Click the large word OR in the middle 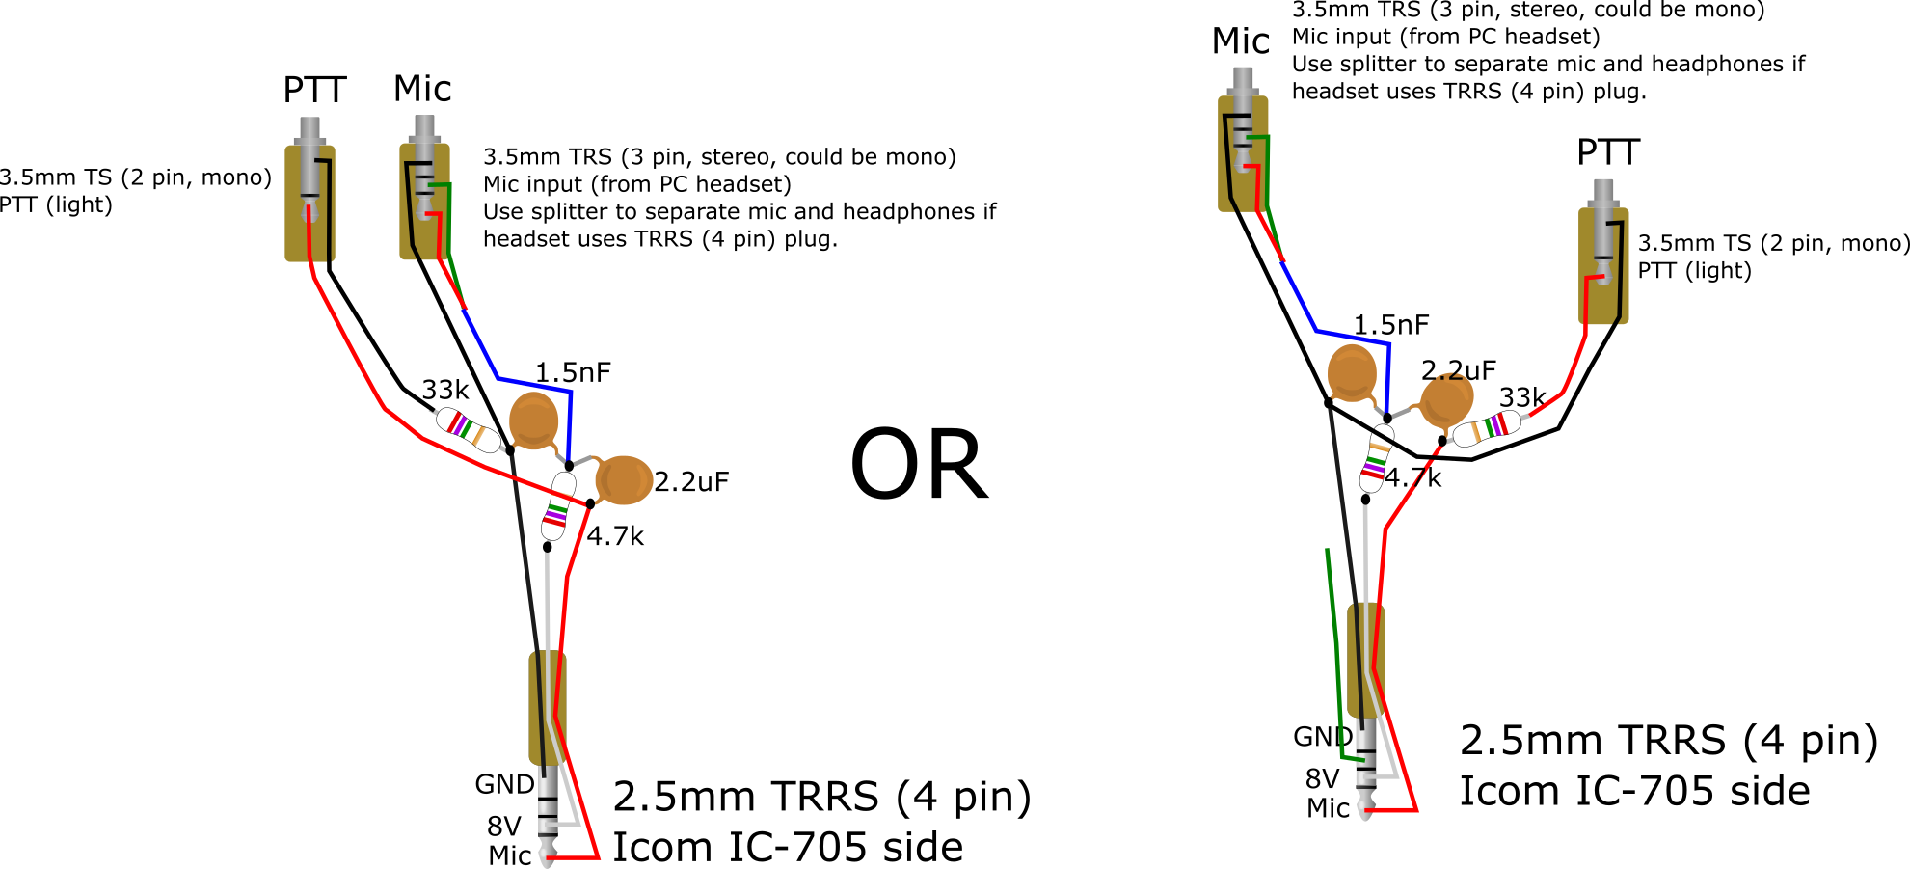point(919,466)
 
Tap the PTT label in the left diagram point(314,91)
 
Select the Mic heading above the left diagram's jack point(422,89)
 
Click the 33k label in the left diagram point(445,390)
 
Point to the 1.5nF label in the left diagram point(573,372)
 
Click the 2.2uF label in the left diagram point(691,481)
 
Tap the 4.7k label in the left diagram point(615,536)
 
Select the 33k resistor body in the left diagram point(469,430)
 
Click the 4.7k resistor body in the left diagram point(558,506)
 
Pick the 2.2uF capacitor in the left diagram point(623,480)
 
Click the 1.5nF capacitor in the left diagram point(533,421)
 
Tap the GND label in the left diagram point(504,784)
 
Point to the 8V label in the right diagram point(1322,778)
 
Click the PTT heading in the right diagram point(1608,152)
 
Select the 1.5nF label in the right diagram point(1391,325)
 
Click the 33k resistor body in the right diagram point(1487,428)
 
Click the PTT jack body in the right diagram point(1603,265)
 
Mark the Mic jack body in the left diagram point(425,202)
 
